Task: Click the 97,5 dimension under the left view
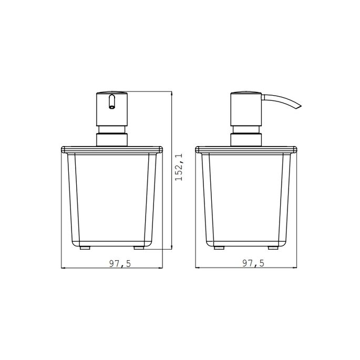click(x=120, y=264)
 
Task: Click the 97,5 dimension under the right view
click(x=254, y=264)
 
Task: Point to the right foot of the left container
click(x=139, y=246)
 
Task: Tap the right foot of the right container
click(x=273, y=246)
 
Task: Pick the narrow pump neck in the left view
click(x=111, y=130)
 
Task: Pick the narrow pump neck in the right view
click(x=246, y=130)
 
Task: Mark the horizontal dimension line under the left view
click(x=84, y=269)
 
